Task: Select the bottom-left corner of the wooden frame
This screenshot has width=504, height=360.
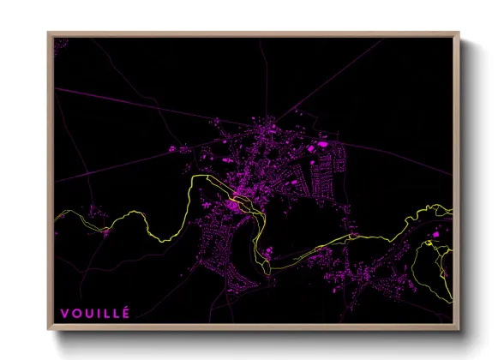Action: coord(49,329)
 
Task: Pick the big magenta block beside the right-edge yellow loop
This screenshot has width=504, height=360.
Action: coord(435,234)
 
